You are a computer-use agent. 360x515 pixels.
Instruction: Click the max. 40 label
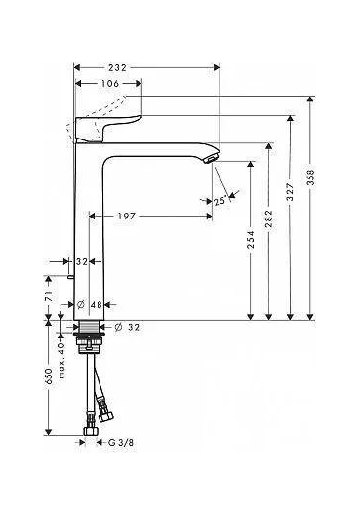(61, 352)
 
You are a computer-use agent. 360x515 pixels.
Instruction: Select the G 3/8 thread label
(120, 442)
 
